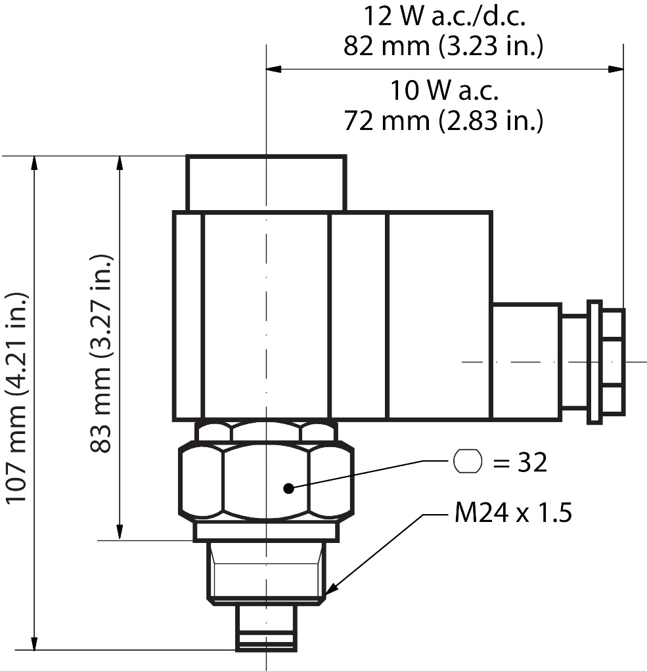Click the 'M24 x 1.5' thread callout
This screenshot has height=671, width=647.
[x=512, y=513]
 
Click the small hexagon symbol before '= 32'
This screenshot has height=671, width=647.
[x=468, y=462]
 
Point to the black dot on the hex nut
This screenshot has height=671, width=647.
[x=288, y=487]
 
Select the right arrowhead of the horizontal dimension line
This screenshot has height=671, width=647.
[x=615, y=68]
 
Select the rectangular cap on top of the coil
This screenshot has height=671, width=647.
[x=265, y=183]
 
